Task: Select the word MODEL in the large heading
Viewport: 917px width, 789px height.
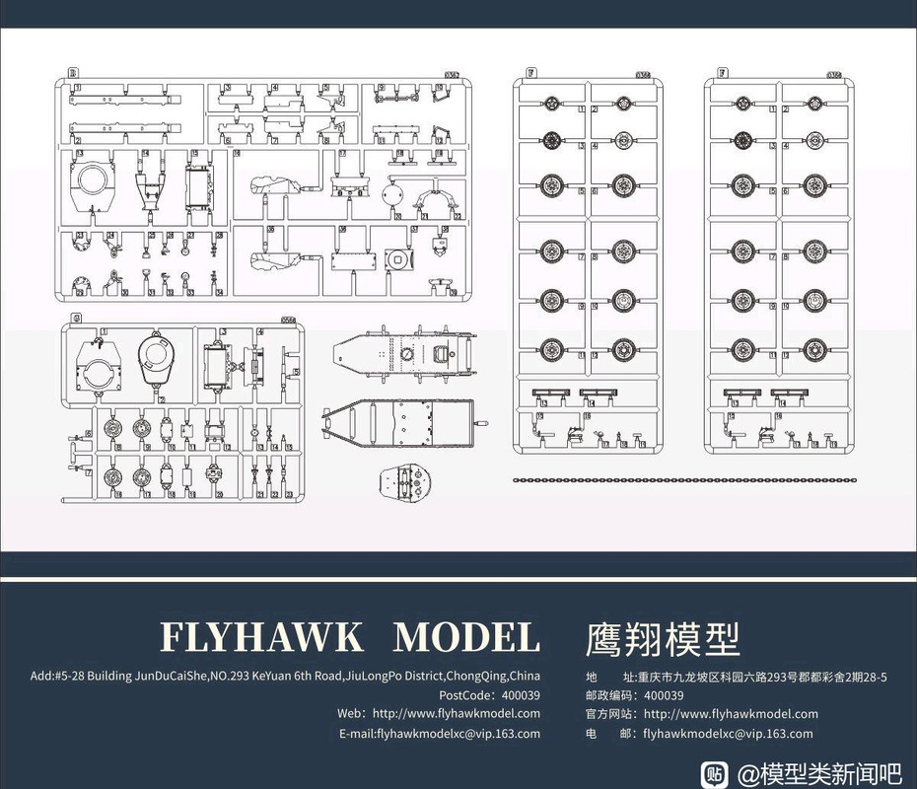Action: pos(466,637)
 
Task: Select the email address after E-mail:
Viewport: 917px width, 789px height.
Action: pos(453,733)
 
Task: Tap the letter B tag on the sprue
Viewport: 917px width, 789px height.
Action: pos(72,73)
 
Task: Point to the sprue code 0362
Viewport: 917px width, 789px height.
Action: pos(453,73)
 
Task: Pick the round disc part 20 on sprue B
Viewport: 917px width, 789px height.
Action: pos(391,191)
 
